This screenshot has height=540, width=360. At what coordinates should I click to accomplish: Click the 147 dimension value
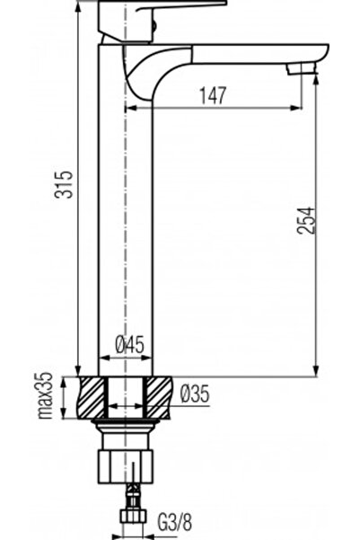click(x=213, y=96)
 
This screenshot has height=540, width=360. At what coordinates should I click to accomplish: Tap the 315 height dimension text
click(x=64, y=184)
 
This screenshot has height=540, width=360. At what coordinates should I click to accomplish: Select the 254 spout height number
click(x=306, y=220)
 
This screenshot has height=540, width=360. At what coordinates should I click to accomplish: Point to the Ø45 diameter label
click(x=130, y=345)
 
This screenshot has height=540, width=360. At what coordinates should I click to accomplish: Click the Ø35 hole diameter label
click(x=195, y=394)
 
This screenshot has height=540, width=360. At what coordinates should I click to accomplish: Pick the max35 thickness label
click(x=45, y=395)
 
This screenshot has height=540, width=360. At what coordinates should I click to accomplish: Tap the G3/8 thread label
click(x=175, y=522)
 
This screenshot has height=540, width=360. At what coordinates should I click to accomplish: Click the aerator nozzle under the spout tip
click(x=303, y=68)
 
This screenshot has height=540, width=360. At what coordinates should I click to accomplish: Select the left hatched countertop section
click(x=92, y=398)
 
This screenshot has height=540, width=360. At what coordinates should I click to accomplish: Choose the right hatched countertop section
click(x=159, y=398)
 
